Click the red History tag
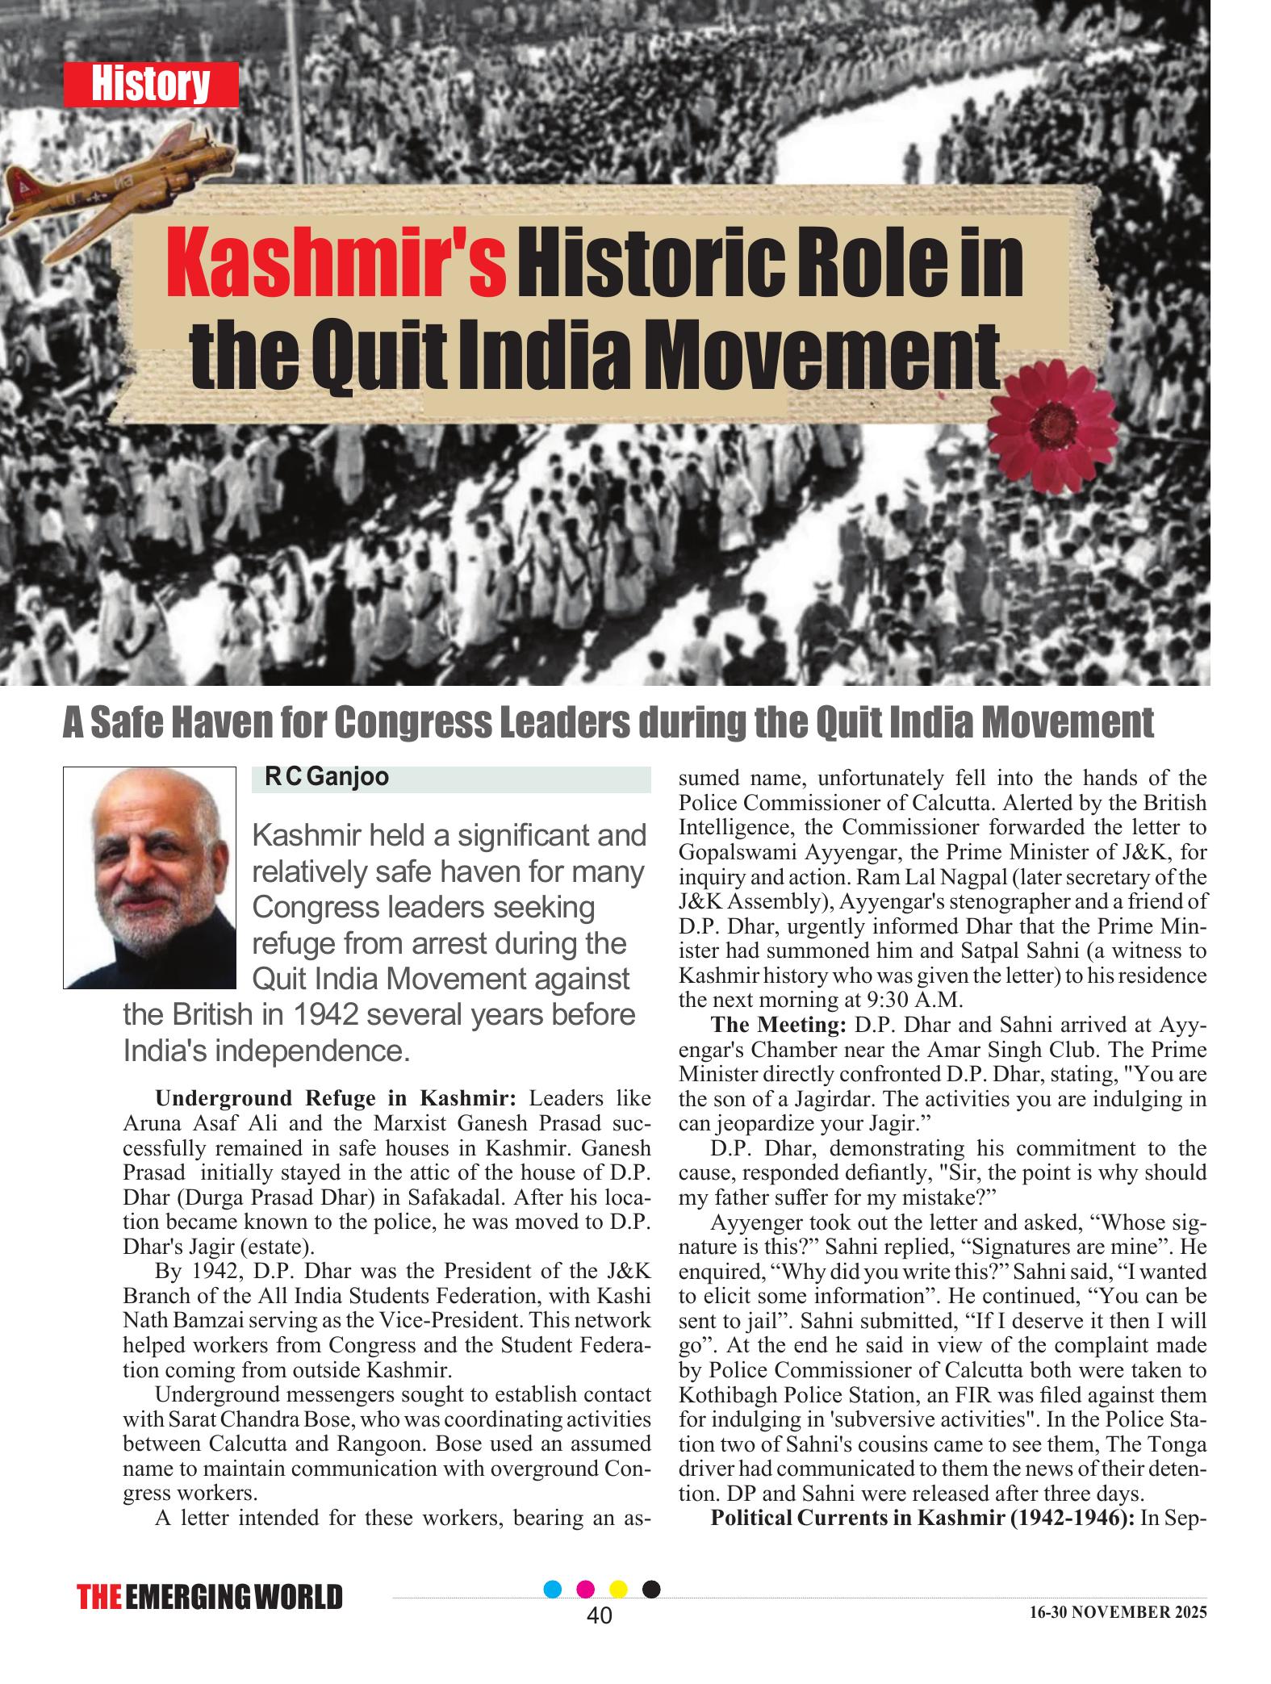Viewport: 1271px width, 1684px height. tap(151, 85)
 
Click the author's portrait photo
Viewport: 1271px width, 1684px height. tap(149, 877)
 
